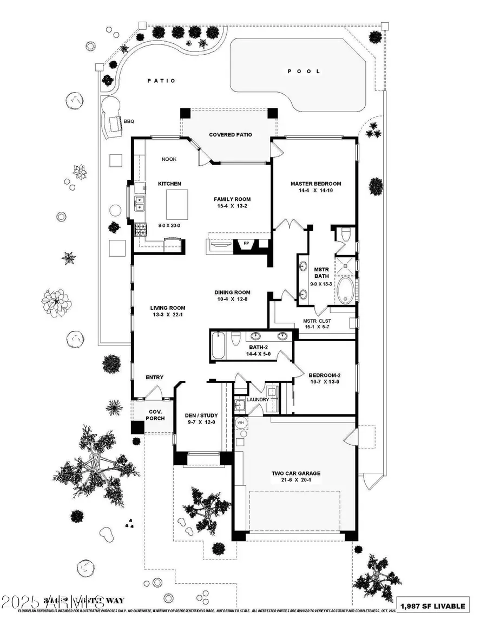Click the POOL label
tap(304, 71)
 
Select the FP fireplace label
tap(247, 244)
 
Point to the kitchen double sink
tap(140, 204)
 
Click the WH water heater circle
tap(240, 421)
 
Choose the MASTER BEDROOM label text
tap(315, 183)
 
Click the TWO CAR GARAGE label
tap(295, 473)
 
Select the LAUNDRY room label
tap(258, 400)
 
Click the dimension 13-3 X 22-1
tap(167, 315)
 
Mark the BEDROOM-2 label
tap(324, 375)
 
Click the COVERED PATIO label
tap(231, 134)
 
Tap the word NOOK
tap(168, 159)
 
